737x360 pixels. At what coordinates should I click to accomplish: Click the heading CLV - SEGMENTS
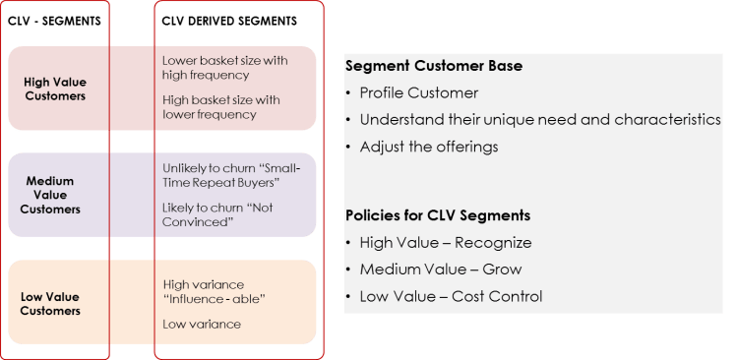[54, 21]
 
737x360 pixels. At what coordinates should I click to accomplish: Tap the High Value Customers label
[55, 89]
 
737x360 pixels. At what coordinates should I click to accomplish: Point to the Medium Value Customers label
[54, 195]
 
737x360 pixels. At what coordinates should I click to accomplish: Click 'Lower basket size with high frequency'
[224, 67]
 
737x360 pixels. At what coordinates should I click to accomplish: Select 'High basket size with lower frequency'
[221, 106]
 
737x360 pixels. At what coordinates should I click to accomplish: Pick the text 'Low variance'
[202, 324]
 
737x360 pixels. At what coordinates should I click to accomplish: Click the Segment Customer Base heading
[434, 66]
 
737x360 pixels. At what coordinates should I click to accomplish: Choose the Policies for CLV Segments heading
[438, 215]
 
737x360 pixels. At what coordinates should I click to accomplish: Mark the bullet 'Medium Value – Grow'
[440, 269]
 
